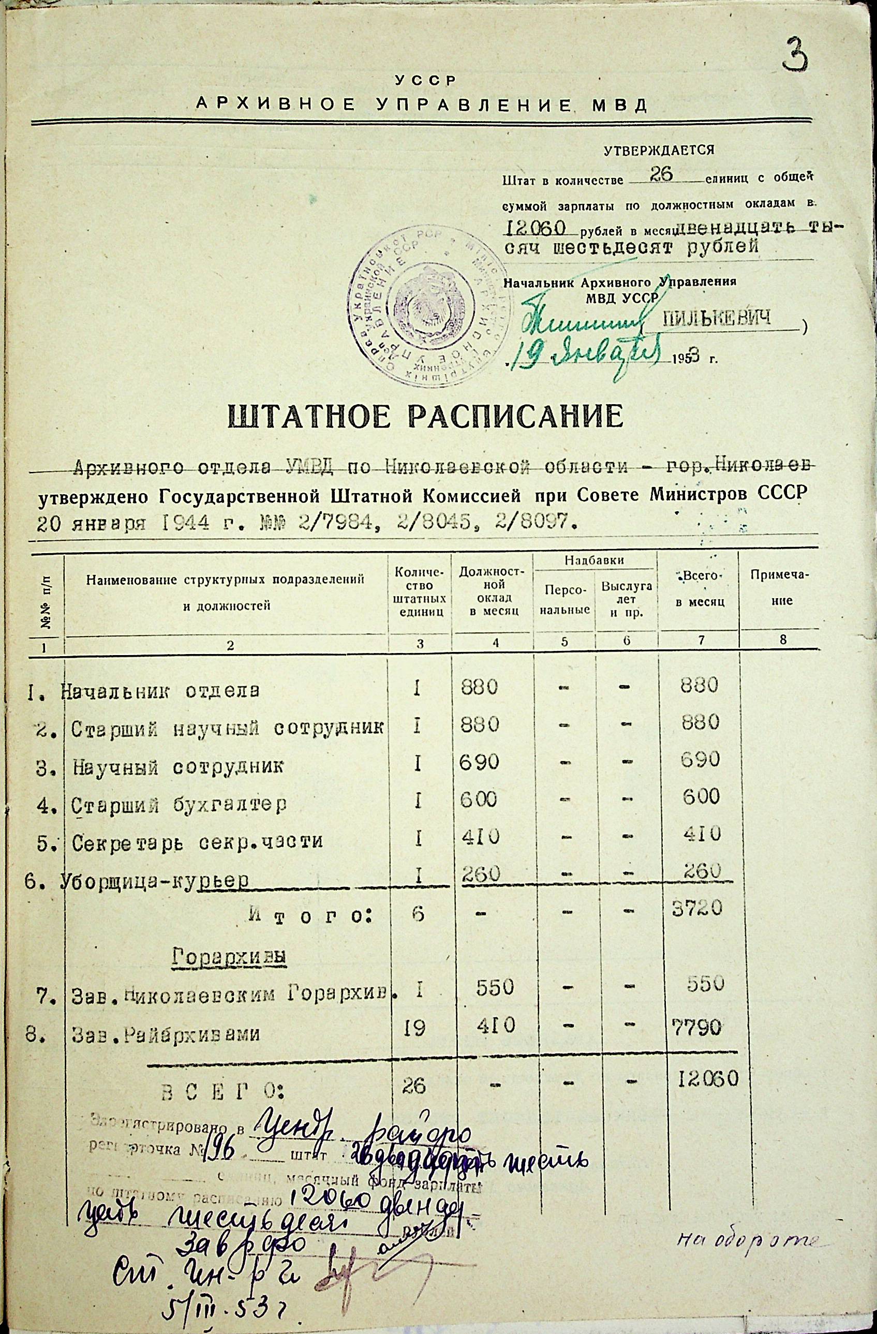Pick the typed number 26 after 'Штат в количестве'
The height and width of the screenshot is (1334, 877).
point(662,175)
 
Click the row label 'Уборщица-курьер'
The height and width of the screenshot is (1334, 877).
point(155,882)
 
